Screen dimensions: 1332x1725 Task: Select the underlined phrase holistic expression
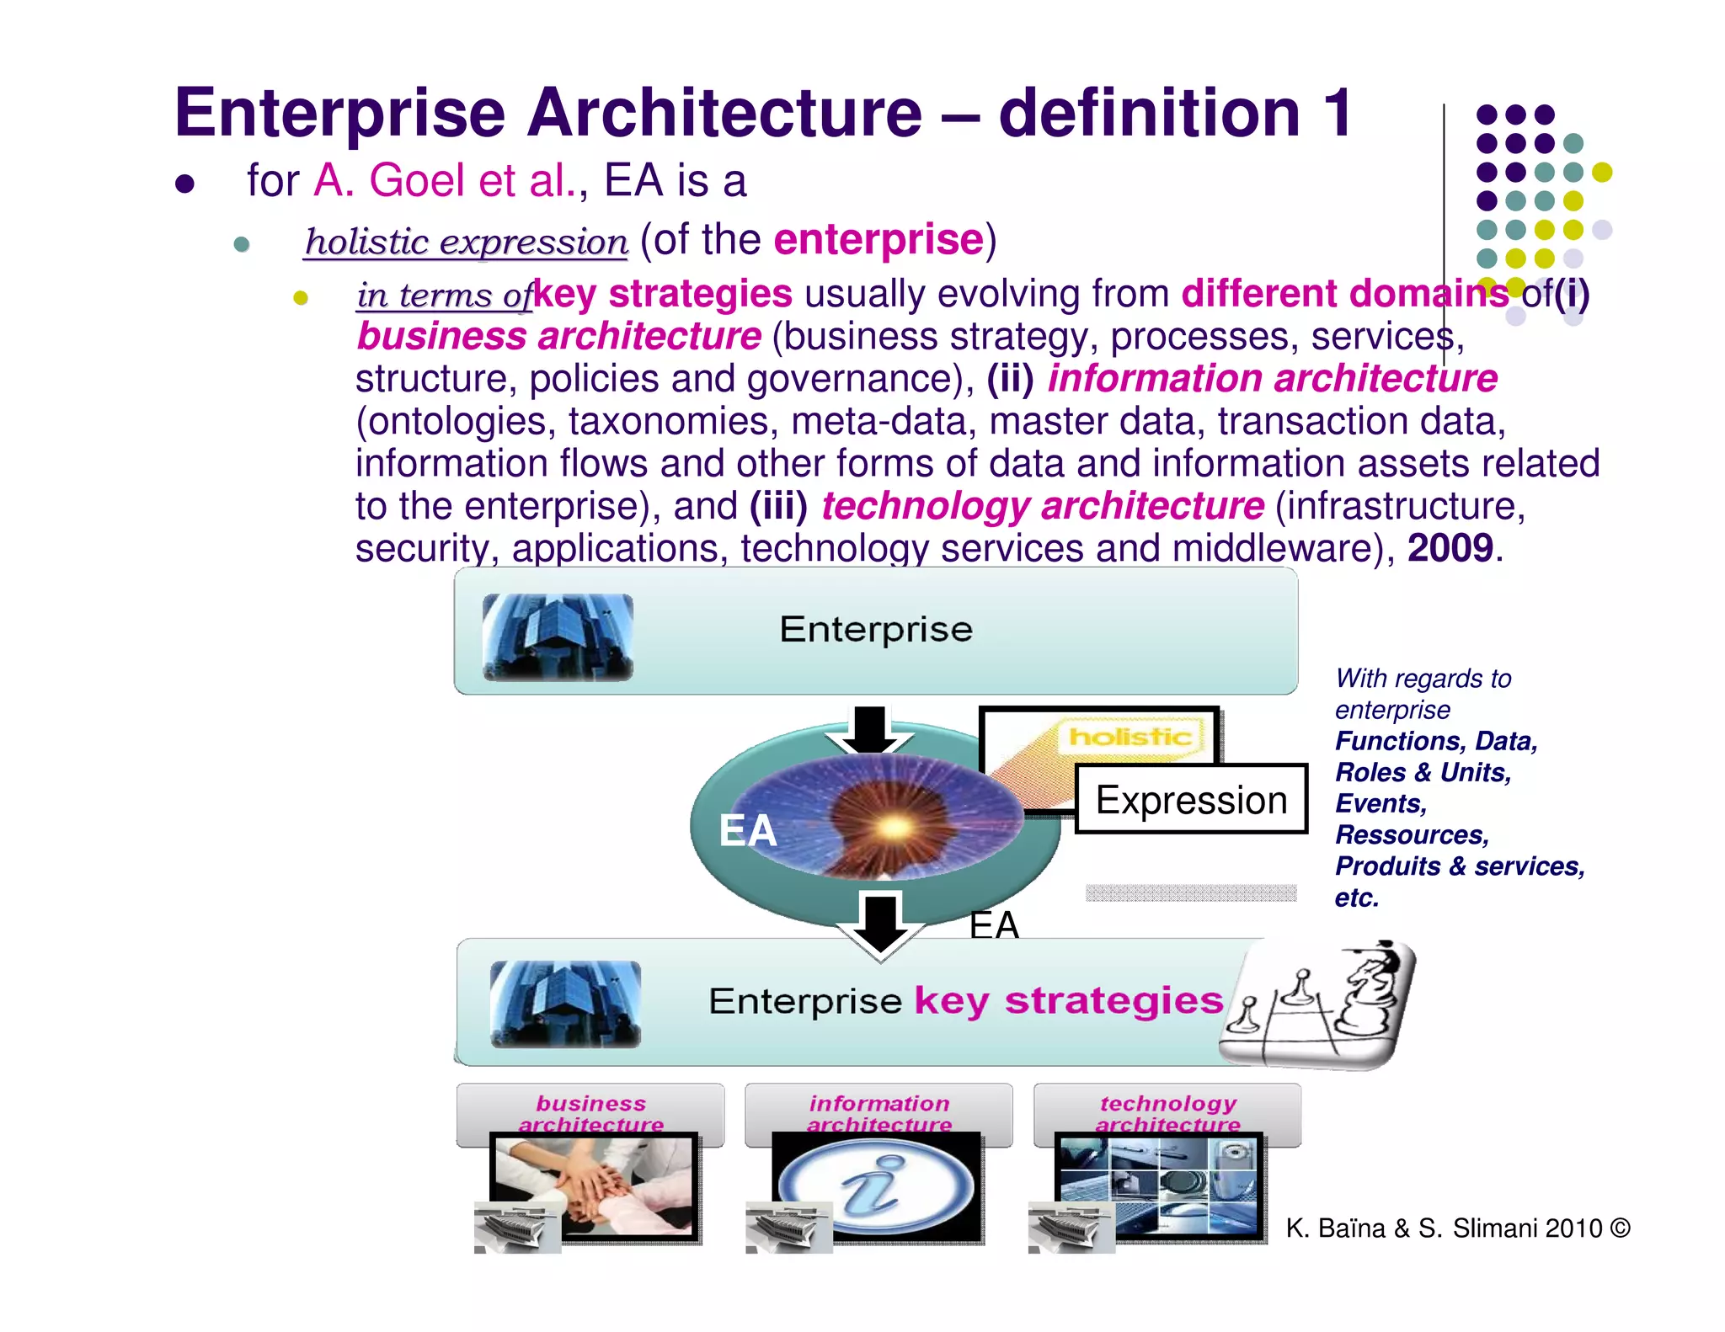(x=466, y=242)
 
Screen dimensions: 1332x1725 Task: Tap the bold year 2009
(x=1450, y=548)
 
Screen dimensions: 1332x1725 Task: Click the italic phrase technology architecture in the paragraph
(x=1043, y=506)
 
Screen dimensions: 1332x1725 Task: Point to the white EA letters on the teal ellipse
(x=747, y=830)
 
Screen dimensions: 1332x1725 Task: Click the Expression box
(x=1191, y=800)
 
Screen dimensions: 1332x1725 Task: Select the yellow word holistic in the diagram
(x=1130, y=737)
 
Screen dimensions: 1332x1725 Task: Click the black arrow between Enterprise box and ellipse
(x=870, y=729)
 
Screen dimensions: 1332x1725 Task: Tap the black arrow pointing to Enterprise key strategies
(x=881, y=924)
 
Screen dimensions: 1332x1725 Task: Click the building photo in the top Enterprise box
(x=558, y=637)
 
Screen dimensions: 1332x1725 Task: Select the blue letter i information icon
(x=876, y=1186)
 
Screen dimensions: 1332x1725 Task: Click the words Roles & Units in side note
(x=1423, y=772)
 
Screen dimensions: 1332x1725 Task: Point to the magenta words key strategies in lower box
(x=1068, y=1001)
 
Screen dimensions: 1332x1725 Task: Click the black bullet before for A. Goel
(x=185, y=184)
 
